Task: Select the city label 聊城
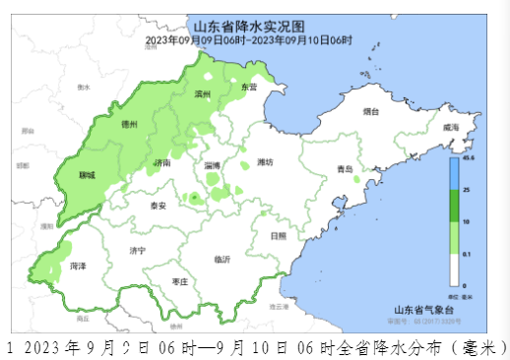(x=88, y=174)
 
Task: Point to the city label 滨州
(x=204, y=94)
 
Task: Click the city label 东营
(x=249, y=88)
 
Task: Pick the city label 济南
(x=162, y=162)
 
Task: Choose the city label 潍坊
(x=264, y=161)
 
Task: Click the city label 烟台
(x=371, y=111)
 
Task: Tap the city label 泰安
(x=158, y=206)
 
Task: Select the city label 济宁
(x=137, y=252)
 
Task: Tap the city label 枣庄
(x=180, y=281)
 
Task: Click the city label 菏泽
(x=78, y=267)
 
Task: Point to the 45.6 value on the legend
(x=469, y=157)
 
